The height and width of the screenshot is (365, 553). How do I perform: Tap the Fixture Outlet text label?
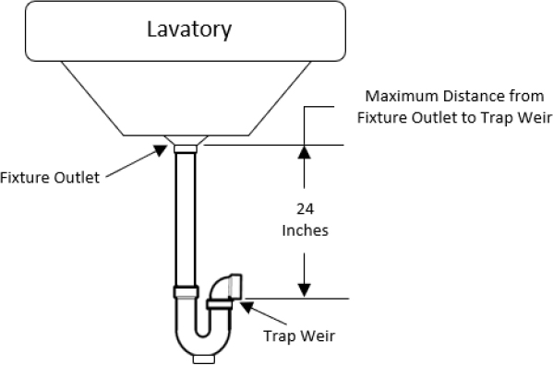[50, 178]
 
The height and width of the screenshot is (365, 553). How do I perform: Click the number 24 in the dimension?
[304, 209]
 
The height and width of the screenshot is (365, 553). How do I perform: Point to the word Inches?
[304, 230]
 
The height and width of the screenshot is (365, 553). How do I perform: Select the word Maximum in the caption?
[398, 97]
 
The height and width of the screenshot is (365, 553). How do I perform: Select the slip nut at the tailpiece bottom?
[186, 293]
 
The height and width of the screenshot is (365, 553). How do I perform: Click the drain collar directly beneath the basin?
[186, 146]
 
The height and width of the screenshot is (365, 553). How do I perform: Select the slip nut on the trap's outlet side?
[219, 303]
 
